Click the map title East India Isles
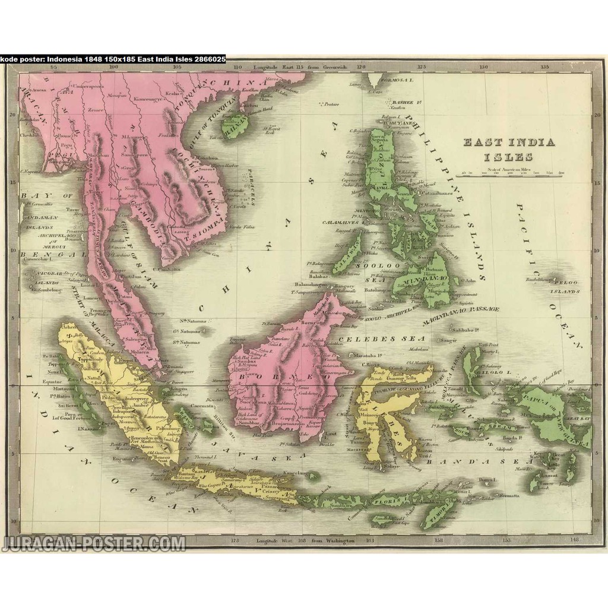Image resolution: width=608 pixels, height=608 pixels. click(509, 149)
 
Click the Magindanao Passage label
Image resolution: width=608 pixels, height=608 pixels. click(461, 315)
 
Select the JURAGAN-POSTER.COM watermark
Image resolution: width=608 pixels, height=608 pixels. click(93, 543)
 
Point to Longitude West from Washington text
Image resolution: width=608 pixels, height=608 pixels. click(305, 541)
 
